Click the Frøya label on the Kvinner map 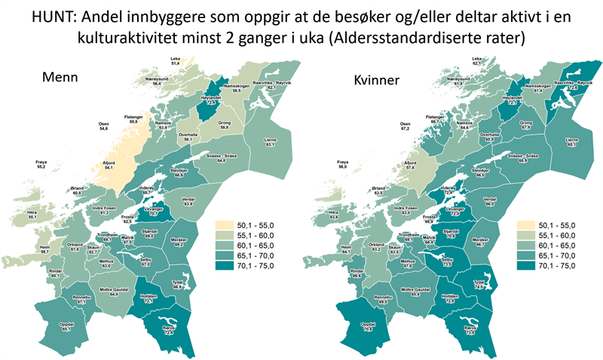point(343,161)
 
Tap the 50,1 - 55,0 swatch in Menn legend point(228,224)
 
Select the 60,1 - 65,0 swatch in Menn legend point(228,245)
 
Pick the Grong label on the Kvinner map point(526,123)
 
